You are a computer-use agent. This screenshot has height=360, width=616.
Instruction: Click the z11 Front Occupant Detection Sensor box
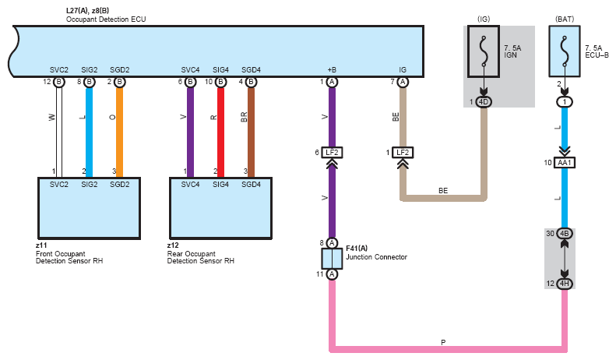90,208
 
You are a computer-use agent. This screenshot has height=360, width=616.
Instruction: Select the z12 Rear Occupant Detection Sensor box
221,208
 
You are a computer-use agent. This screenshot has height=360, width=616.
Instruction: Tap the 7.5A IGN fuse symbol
484,51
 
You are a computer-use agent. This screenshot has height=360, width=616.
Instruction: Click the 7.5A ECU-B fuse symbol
565,51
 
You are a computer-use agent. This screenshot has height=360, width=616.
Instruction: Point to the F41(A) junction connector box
332,259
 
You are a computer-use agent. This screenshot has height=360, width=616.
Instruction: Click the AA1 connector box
565,163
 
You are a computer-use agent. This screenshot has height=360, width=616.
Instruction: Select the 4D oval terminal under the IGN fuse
484,102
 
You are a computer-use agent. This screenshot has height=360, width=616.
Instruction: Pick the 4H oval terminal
565,284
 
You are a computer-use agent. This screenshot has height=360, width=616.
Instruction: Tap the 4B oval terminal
565,234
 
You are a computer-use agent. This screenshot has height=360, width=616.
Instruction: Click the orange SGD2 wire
119,132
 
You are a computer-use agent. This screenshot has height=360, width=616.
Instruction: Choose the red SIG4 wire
221,132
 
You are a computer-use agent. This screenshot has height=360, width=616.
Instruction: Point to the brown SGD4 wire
251,132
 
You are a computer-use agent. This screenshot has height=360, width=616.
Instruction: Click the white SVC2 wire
59,132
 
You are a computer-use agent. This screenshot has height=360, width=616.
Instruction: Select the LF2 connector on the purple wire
332,153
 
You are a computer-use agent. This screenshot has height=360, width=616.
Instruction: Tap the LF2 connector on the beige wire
403,153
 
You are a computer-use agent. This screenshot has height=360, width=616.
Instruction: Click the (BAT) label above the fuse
565,19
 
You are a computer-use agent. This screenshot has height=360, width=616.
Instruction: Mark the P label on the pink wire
443,342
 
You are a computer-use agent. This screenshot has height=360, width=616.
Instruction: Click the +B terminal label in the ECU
332,70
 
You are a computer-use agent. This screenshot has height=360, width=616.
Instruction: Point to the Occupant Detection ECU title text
106,19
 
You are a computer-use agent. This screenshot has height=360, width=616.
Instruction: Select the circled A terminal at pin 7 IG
403,82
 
